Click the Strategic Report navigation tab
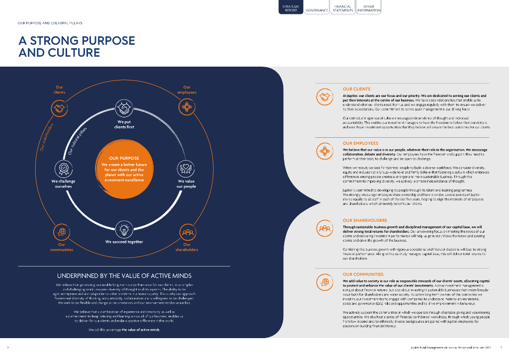(x=291, y=8)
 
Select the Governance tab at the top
(x=317, y=10)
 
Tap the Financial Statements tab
(x=343, y=8)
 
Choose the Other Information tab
(x=369, y=8)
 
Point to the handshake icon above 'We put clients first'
(x=124, y=107)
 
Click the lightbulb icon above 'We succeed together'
(x=124, y=229)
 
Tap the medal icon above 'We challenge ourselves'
(x=64, y=168)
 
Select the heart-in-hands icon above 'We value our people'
(x=186, y=168)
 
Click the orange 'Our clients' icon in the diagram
(x=60, y=108)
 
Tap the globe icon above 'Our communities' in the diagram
(x=61, y=232)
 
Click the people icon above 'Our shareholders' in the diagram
(x=186, y=232)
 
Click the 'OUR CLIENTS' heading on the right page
(x=356, y=89)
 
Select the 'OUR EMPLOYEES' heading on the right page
(x=360, y=143)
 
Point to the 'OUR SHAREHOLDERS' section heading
(x=365, y=220)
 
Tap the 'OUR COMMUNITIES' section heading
(x=363, y=274)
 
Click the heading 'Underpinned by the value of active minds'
(x=124, y=275)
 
